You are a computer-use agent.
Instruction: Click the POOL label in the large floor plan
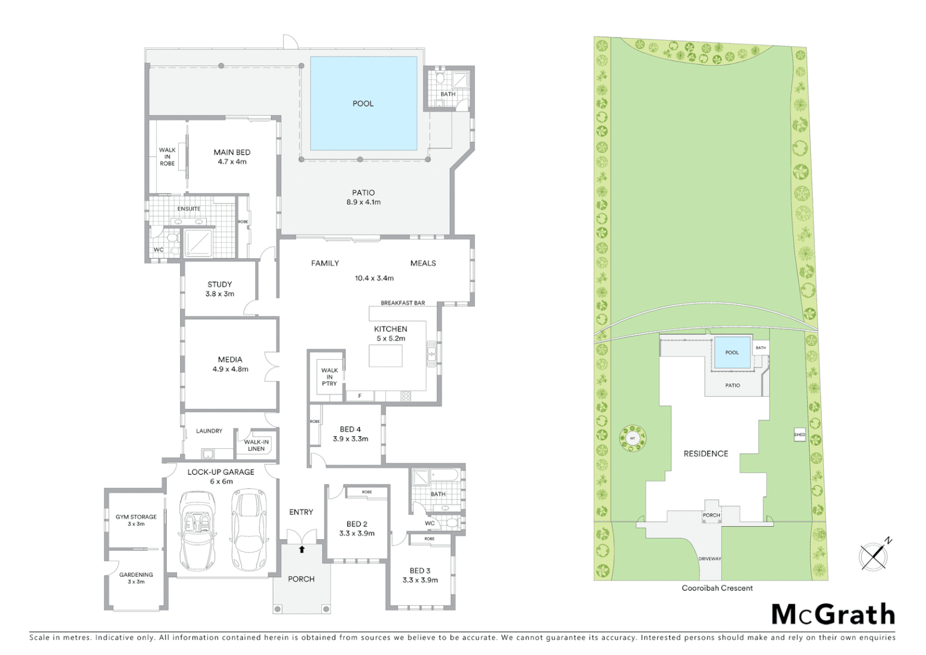[x=363, y=104]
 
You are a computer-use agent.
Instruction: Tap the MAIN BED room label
[x=232, y=153]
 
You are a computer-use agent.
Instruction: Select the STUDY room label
[x=219, y=284]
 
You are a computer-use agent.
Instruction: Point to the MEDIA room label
[x=230, y=360]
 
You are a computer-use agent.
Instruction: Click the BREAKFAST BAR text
[x=402, y=303]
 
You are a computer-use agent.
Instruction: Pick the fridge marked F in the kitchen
[x=360, y=396]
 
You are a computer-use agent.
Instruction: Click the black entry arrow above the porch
[x=302, y=549]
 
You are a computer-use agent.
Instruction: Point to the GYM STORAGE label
[x=136, y=517]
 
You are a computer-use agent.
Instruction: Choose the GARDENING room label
[x=136, y=575]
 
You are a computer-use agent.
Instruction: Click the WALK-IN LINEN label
[x=256, y=445]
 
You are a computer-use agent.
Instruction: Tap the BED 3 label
[x=420, y=571]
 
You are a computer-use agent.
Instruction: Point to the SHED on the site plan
[x=799, y=434]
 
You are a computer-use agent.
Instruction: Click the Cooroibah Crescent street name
[x=718, y=588]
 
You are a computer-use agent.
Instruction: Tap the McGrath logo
[x=833, y=614]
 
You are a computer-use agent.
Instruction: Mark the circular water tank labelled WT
[x=632, y=437]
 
